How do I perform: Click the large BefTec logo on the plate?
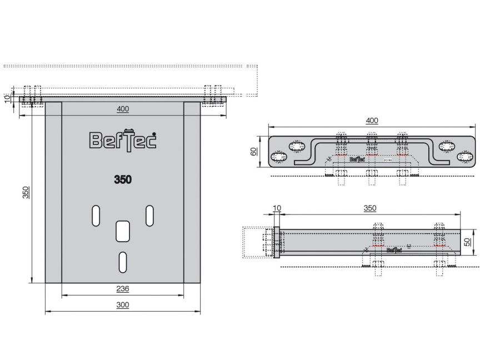(122, 140)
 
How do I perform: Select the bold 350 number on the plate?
(122, 179)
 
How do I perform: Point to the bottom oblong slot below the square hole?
(123, 261)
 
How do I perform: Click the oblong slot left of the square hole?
(96, 216)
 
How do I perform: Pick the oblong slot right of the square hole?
(149, 216)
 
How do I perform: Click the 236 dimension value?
(122, 288)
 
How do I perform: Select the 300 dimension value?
(122, 305)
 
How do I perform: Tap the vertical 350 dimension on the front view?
(25, 192)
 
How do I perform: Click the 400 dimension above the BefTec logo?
(123, 109)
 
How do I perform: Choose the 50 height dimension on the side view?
(468, 242)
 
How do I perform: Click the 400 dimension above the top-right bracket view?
(372, 120)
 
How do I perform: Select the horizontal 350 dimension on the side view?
(369, 208)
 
